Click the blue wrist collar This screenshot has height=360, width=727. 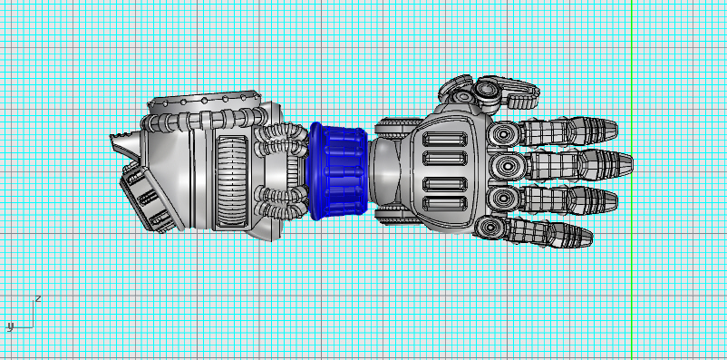(339, 170)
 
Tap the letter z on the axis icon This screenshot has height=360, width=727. (38, 297)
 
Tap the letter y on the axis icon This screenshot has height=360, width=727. (10, 326)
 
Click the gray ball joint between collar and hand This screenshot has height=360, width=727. (386, 171)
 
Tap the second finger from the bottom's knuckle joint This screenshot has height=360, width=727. (502, 197)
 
